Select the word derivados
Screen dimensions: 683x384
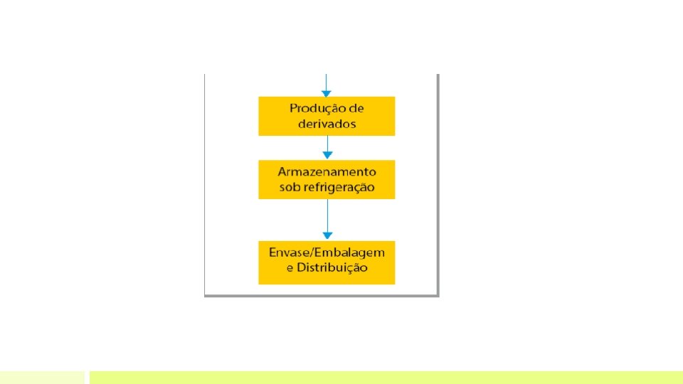pyautogui.click(x=327, y=124)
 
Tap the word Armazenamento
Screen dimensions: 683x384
pyautogui.click(x=327, y=172)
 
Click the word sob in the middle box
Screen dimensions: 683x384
pyautogui.click(x=289, y=188)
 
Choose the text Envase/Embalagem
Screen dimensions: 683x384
pyautogui.click(x=327, y=252)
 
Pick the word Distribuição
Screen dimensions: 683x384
pyautogui.click(x=332, y=268)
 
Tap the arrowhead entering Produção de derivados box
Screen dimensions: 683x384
pyautogui.click(x=327, y=92)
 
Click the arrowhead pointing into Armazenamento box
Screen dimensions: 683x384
pyautogui.click(x=327, y=156)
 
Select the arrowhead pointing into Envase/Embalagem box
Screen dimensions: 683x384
pyautogui.click(x=327, y=236)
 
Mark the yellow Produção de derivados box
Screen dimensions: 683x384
pyautogui.click(x=270, y=116)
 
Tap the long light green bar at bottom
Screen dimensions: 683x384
pyautogui.click(x=384, y=377)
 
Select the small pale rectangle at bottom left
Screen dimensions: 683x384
pyautogui.click(x=42, y=377)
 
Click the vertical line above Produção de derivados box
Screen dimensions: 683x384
pyautogui.click(x=327, y=80)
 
